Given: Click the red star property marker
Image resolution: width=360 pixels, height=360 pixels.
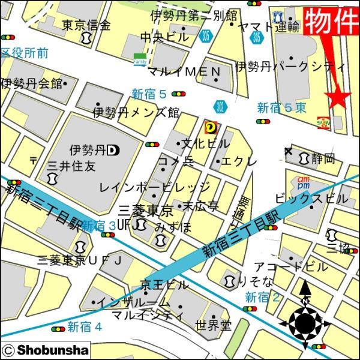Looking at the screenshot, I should pyautogui.click(x=337, y=98).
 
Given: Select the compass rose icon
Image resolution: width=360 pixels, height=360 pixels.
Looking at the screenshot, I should pyautogui.click(x=304, y=323).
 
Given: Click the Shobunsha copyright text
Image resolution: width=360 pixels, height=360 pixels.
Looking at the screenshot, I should pyautogui.click(x=46, y=350).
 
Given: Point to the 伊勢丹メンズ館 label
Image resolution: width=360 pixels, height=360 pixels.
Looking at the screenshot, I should pyautogui.click(x=136, y=112).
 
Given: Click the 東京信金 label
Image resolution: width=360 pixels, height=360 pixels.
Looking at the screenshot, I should pyautogui.click(x=86, y=25).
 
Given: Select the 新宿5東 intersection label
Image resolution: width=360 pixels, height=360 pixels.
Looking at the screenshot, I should pyautogui.click(x=281, y=108).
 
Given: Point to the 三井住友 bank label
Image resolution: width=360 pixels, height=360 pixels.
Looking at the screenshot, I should pyautogui.click(x=71, y=166).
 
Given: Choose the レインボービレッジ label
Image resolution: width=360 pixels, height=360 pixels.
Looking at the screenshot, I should pyautogui.click(x=154, y=187).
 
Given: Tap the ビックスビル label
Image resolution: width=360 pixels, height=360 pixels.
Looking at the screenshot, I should pyautogui.click(x=311, y=197).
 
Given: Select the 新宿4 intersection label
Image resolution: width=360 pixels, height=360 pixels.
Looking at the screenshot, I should pyautogui.click(x=84, y=327).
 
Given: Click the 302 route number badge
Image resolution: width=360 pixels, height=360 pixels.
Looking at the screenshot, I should pyautogui.click(x=220, y=107).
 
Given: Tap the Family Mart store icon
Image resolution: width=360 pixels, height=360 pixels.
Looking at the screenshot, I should pyautogui.click(x=139, y=60).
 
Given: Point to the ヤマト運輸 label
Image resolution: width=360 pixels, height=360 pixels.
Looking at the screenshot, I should pyautogui.click(x=268, y=26).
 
